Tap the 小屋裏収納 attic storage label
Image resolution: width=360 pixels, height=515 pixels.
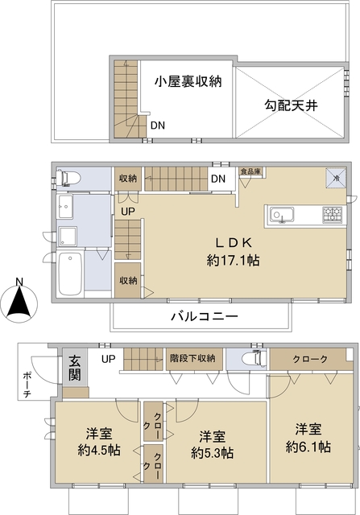tap(188, 80)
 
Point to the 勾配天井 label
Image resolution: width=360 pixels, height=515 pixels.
tap(292, 104)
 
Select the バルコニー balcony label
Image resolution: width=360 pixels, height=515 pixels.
tap(204, 316)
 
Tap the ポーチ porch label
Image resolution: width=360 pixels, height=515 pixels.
tap(28, 377)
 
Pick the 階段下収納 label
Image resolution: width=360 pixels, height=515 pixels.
tap(192, 358)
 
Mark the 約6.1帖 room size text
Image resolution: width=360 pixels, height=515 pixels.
tap(311, 447)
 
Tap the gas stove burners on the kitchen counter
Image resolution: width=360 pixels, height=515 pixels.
tap(332, 214)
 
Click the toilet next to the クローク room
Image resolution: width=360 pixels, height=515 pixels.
tap(246, 360)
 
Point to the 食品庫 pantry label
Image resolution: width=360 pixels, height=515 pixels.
tap(249, 172)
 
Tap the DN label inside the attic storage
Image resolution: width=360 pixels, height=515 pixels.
tap(159, 125)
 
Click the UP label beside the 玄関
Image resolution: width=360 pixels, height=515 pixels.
tap(107, 358)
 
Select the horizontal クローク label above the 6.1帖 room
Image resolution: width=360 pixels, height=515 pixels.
tap(310, 359)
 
